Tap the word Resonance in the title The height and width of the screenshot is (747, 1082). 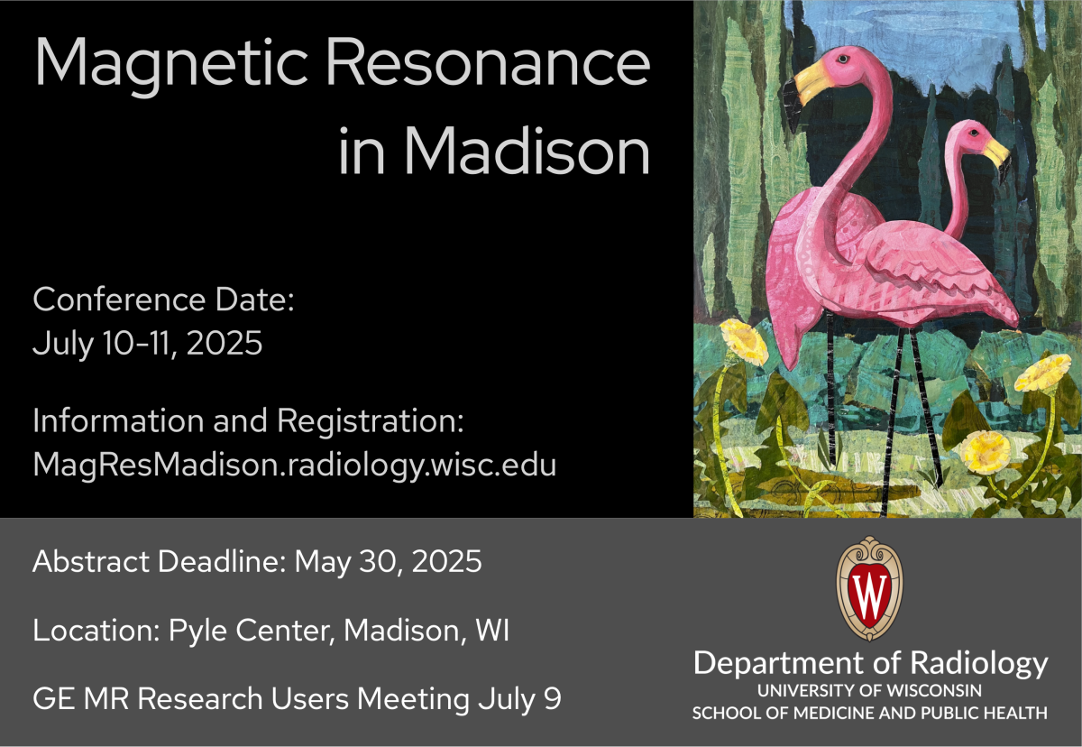coord(489,65)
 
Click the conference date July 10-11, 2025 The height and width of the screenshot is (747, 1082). coord(148,343)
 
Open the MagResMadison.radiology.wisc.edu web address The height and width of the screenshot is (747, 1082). coord(294,464)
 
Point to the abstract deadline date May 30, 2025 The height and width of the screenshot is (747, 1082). coord(388,562)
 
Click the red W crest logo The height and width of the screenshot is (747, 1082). coord(869,588)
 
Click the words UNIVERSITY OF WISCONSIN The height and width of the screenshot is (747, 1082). coord(869,691)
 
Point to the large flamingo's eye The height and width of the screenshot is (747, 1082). coord(842,59)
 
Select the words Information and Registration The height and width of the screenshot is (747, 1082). coord(247,421)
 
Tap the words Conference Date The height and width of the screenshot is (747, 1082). coord(163,300)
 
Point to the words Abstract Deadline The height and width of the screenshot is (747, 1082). coord(159,562)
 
